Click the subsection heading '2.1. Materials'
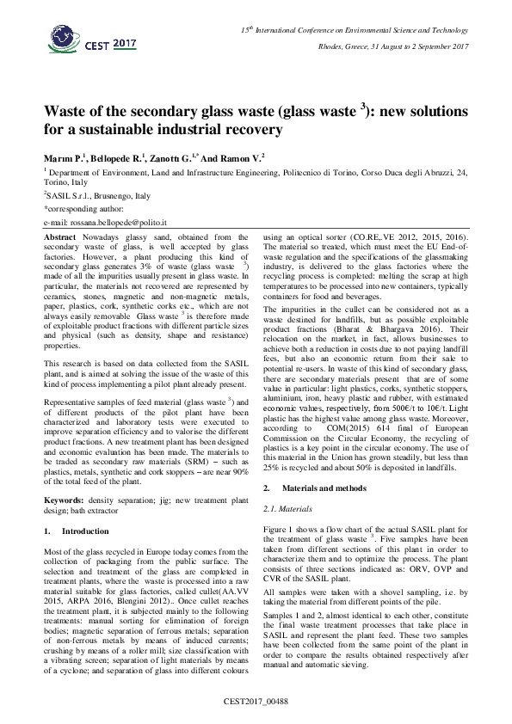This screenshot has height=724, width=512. click(x=287, y=509)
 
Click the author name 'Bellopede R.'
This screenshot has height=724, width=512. click(x=116, y=156)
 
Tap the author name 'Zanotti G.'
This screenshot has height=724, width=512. click(x=171, y=156)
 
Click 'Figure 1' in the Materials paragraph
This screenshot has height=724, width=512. click(x=277, y=527)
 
